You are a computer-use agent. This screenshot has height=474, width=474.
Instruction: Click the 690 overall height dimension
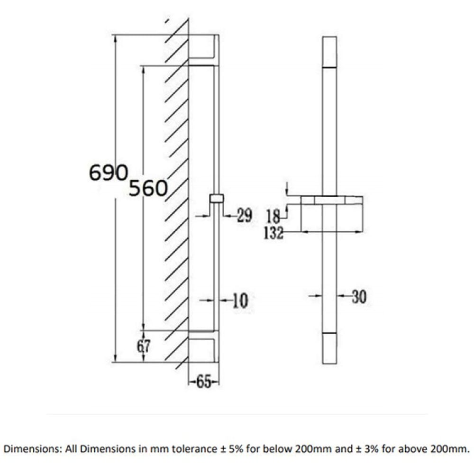click(109, 173)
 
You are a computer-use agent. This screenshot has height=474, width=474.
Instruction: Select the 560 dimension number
click(148, 188)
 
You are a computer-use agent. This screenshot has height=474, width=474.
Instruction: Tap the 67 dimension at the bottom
click(144, 346)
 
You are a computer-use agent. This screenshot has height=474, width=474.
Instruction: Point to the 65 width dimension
click(203, 382)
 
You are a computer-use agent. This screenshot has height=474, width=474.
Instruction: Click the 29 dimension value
click(244, 216)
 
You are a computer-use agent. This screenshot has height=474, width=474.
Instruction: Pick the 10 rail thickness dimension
click(240, 301)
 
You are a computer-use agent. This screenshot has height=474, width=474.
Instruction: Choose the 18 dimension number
click(273, 216)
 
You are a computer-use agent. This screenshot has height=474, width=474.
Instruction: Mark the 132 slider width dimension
click(274, 233)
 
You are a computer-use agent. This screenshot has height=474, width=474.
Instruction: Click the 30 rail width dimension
click(359, 297)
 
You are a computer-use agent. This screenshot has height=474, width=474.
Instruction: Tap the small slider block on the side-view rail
click(217, 199)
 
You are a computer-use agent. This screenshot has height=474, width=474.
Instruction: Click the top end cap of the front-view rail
click(329, 52)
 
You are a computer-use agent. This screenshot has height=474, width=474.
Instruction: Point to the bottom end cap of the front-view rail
click(329, 348)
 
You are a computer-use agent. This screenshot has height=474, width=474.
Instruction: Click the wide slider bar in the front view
click(332, 200)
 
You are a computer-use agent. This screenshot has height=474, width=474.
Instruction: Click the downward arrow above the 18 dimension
click(286, 188)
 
